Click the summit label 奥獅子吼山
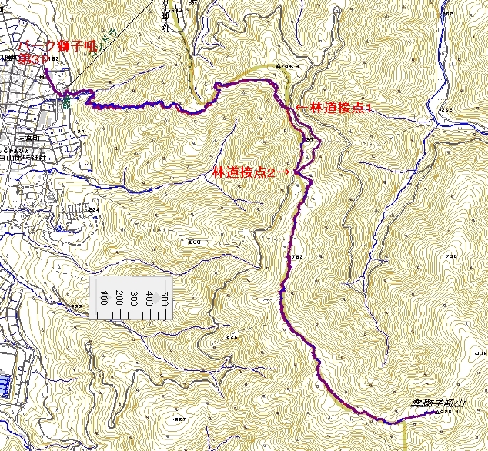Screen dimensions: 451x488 coord(439,403)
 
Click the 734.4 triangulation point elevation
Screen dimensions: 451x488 coord(289,66)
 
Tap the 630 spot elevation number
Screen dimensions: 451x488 coord(194,242)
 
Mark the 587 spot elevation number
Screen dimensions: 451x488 coord(180,419)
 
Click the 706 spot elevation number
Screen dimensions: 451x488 coord(451,257)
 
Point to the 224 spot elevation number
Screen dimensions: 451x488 coord(95,209)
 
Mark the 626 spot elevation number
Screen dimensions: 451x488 coord(230,336)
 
